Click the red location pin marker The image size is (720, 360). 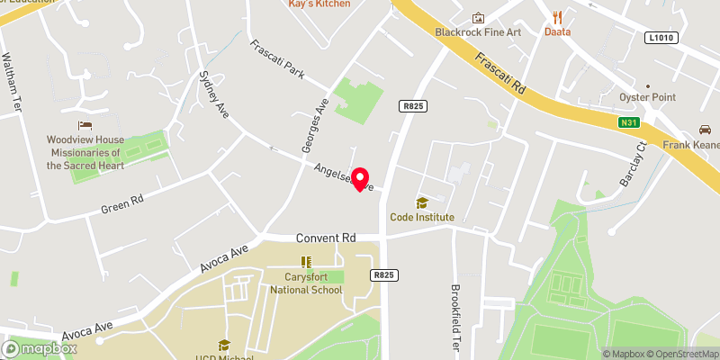click(x=362, y=179)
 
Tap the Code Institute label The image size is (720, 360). click(x=422, y=217)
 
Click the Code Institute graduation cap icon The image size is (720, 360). click(x=421, y=202)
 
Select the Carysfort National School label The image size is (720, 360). click(x=306, y=283)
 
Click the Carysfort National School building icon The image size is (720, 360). click(x=306, y=263)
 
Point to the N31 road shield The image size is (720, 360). click(x=628, y=122)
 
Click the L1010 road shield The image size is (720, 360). click(x=660, y=37)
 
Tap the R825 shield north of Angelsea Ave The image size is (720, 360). click(x=413, y=106)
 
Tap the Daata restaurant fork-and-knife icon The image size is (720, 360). click(x=558, y=16)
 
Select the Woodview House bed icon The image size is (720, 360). click(x=85, y=125)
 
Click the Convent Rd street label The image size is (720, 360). click(x=325, y=238)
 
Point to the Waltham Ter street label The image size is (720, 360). click(x=12, y=83)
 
